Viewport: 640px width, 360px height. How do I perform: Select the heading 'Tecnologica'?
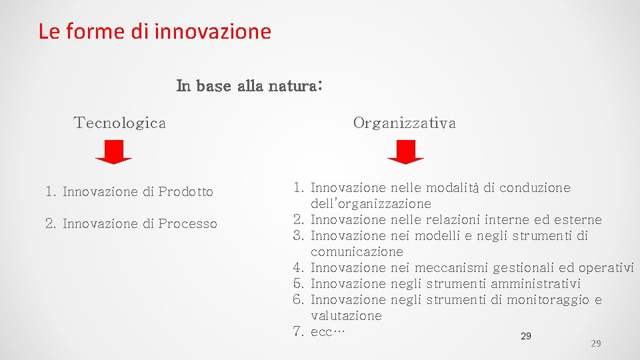coord(120,123)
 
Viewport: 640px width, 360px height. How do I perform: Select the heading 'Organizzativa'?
coord(405,123)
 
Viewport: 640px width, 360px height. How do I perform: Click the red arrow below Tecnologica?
coord(114,152)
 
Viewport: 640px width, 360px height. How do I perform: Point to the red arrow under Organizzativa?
coord(405,152)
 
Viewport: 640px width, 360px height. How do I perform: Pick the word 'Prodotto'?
coord(186,192)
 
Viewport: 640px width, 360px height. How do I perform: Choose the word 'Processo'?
coord(188,224)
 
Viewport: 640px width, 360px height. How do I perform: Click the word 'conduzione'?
coord(535,188)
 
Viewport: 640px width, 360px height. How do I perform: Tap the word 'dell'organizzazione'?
coord(371,204)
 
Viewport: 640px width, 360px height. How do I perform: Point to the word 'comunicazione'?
coord(357,252)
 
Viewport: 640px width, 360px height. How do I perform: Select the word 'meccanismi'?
coord(451,268)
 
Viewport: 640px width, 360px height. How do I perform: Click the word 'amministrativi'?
coord(535,284)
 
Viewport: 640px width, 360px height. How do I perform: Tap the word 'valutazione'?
coord(346,316)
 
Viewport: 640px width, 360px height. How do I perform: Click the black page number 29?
coord(525,336)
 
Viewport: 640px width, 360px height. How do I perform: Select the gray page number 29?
coord(596,343)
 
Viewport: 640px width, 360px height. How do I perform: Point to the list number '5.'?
coord(298,284)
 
